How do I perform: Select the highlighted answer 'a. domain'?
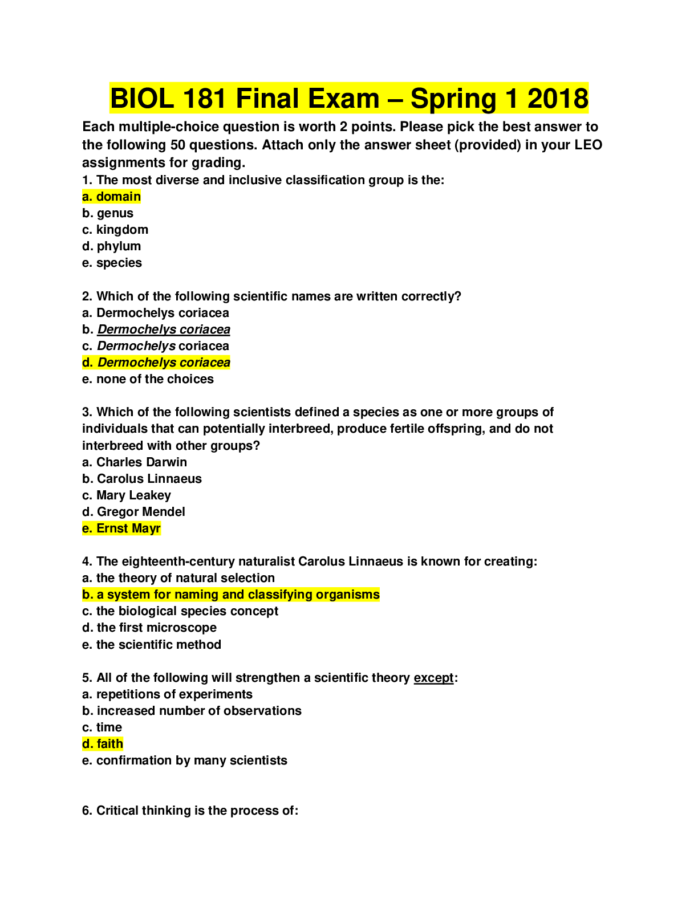pos(111,197)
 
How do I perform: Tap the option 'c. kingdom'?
pos(115,229)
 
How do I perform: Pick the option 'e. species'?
pos(112,263)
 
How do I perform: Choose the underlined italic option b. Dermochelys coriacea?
pos(156,329)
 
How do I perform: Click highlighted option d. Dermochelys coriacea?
pos(156,363)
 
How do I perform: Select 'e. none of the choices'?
pos(148,379)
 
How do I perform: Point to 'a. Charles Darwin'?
pos(134,462)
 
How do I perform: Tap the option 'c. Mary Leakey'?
pos(127,495)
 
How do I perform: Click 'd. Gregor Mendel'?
pos(133,511)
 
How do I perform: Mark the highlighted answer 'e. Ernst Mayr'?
pos(121,528)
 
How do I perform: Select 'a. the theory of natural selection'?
pos(178,578)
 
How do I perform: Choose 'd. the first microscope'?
pos(149,628)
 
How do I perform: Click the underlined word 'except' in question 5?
pos(433,678)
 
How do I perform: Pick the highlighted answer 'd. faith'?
pos(103,744)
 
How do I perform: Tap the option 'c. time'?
pos(102,727)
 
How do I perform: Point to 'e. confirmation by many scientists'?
pos(185,760)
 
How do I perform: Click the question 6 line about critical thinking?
pos(190,810)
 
